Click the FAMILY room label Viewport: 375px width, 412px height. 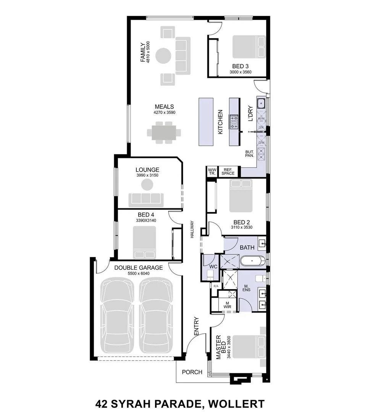142,52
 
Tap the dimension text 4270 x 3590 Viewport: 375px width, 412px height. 164,113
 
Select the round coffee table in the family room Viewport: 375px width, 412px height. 163,55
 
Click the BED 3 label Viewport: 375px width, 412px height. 240,66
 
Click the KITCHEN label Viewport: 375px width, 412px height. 220,122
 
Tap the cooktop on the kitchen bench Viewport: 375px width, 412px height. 234,122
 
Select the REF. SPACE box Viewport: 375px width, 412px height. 228,172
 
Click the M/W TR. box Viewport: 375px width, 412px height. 212,172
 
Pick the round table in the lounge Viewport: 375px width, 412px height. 147,185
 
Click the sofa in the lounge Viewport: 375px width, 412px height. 146,200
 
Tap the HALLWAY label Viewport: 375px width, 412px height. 192,229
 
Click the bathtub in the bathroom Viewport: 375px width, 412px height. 252,261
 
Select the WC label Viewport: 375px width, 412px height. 213,267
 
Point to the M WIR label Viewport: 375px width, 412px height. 227,305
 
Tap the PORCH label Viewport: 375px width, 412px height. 192,372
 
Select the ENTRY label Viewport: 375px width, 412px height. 196,326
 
